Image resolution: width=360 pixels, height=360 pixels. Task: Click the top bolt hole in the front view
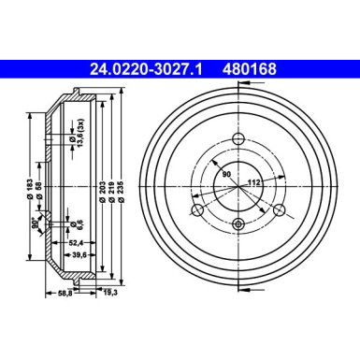pos(238,140)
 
